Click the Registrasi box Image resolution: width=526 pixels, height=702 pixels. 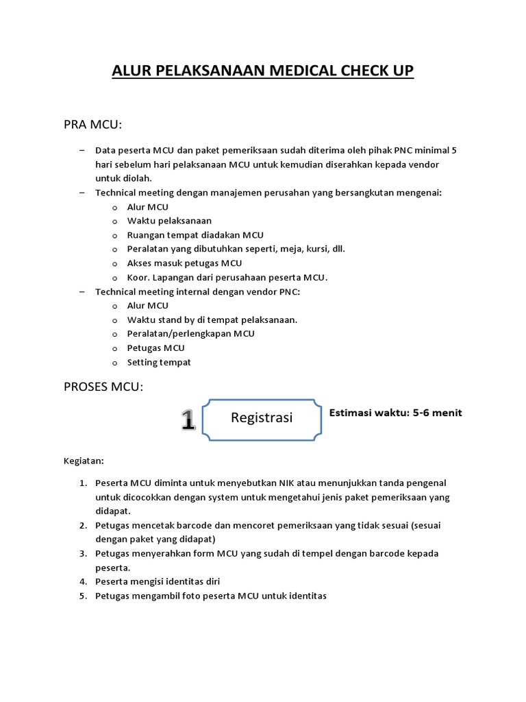262,417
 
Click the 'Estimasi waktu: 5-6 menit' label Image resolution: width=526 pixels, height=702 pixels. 396,413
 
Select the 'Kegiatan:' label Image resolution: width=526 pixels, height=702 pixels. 84,461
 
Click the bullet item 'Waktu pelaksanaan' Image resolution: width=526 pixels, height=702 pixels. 169,221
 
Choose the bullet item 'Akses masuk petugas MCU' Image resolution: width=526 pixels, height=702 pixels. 184,263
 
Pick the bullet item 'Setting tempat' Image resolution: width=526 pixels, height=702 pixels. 159,362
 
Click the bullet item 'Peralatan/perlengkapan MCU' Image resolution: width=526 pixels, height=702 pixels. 190,334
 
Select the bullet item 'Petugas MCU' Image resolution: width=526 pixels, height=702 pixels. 155,348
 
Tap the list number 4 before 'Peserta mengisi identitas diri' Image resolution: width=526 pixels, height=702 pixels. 82,581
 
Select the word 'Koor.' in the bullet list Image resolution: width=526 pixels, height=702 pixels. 139,278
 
